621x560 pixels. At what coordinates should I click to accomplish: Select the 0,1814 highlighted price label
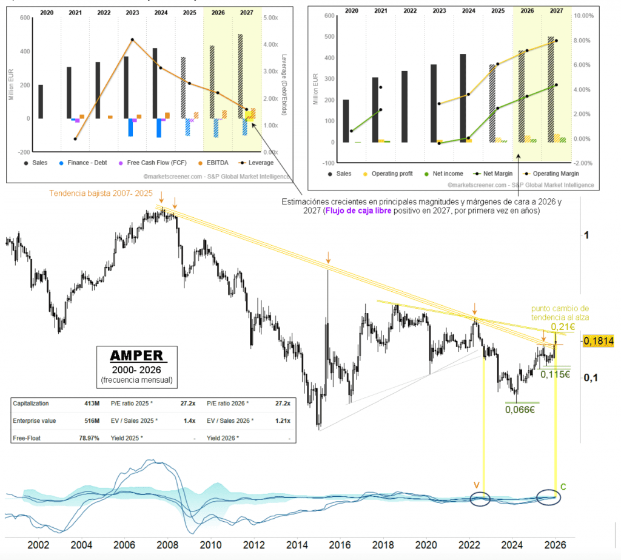[599, 342]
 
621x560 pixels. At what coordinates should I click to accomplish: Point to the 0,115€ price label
[556, 374]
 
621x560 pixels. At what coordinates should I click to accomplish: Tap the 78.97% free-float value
[89, 437]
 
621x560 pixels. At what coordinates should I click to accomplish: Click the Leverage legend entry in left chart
[257, 163]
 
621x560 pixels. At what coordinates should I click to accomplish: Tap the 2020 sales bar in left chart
[41, 101]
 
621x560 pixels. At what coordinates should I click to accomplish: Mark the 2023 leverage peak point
[132, 40]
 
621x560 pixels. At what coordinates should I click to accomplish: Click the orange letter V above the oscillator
[476, 485]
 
